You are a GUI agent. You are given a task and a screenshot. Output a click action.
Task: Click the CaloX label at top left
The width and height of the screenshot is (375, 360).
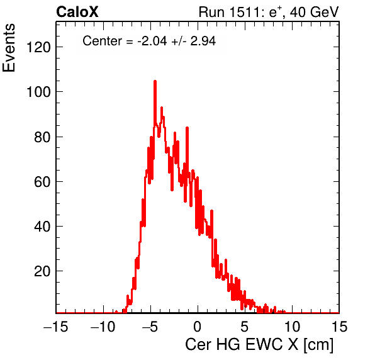(x=77, y=12)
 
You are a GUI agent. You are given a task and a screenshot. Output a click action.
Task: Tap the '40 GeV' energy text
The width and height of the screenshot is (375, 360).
(x=315, y=12)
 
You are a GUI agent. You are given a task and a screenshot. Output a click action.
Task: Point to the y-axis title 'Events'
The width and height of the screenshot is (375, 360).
(x=9, y=48)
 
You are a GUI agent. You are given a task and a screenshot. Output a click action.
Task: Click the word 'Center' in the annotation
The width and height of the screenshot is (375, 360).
(x=102, y=41)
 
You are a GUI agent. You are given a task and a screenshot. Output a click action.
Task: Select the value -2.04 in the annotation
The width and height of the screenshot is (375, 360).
(x=152, y=41)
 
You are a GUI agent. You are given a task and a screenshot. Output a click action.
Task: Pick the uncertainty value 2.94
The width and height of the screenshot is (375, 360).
(x=203, y=41)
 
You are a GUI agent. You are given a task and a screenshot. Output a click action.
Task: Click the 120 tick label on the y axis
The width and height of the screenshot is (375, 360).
(x=38, y=47)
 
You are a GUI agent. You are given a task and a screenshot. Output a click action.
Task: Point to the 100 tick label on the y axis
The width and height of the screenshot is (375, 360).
(x=38, y=92)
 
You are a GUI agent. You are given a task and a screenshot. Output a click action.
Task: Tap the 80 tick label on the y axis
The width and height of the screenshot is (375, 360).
(x=42, y=137)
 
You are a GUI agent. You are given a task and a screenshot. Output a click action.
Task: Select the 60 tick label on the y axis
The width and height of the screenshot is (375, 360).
(x=42, y=182)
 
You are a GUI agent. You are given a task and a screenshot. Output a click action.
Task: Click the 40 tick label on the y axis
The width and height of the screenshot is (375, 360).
(x=42, y=227)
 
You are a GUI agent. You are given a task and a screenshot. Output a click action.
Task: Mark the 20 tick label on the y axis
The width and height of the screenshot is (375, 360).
(x=42, y=271)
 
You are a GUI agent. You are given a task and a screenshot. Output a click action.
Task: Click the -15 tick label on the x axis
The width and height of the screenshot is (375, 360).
(x=56, y=326)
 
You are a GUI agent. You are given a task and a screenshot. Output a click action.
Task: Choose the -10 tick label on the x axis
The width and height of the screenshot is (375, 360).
(x=103, y=326)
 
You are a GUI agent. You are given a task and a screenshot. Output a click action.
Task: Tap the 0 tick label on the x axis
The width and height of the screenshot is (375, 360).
(x=198, y=326)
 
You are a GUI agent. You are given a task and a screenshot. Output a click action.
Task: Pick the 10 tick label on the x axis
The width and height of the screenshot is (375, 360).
(x=292, y=326)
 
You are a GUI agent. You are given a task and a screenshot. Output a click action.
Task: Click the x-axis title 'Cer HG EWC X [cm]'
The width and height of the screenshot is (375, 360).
(x=259, y=345)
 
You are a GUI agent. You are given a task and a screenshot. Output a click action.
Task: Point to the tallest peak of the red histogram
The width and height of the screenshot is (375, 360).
(x=155, y=81)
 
